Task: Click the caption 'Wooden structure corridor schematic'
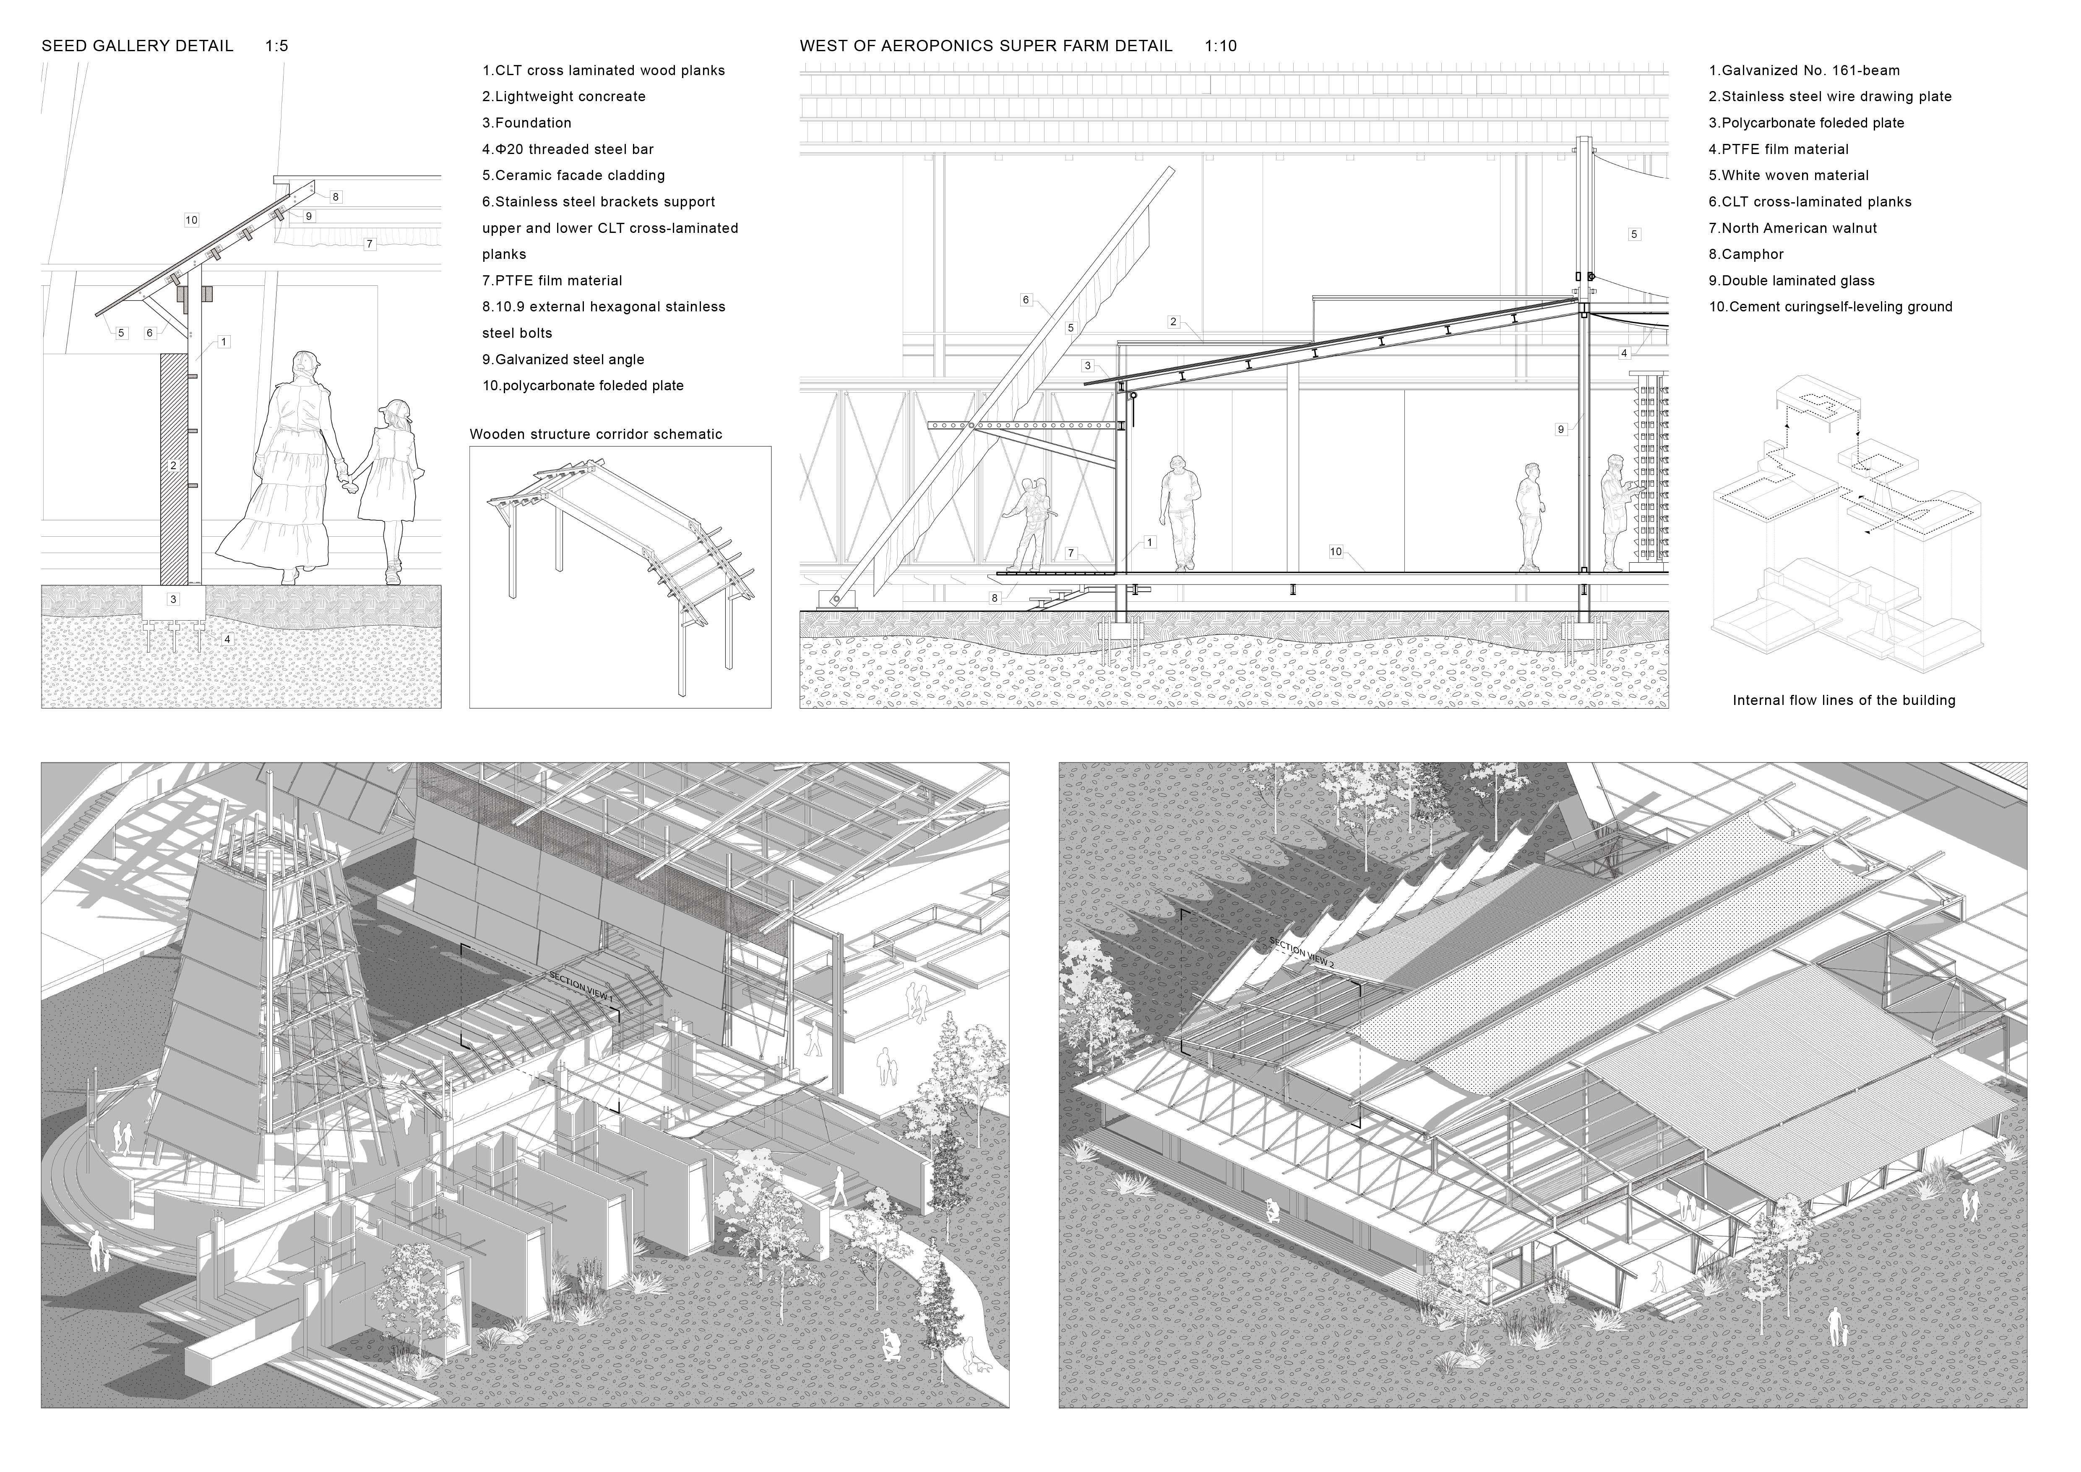point(596,434)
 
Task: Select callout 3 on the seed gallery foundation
point(173,599)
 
